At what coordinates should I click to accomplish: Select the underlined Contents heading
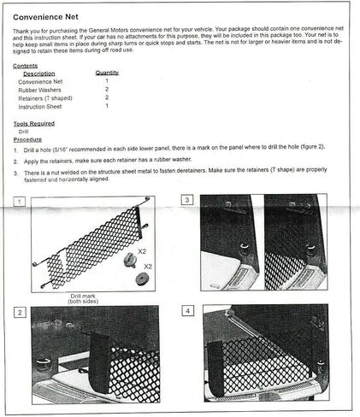tap(26, 66)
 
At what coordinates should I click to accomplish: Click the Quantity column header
tap(106, 73)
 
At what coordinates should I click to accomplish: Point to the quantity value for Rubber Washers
tap(107, 89)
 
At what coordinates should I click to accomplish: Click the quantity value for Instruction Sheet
tap(107, 106)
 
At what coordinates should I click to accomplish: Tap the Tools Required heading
tap(35, 122)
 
